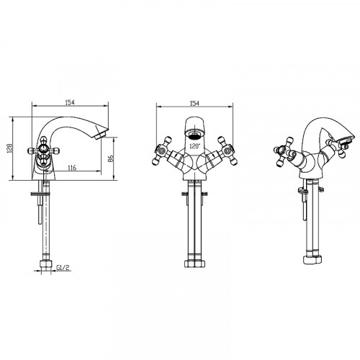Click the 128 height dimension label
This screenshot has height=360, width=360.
click(x=10, y=148)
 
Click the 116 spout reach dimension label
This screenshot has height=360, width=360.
click(x=72, y=167)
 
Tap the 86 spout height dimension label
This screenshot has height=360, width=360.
click(x=110, y=158)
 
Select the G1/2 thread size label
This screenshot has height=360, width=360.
click(x=63, y=267)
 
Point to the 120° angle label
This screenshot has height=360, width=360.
click(x=194, y=145)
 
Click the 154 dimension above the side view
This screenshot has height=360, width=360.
click(x=70, y=102)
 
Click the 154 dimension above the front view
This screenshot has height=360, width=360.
click(x=194, y=104)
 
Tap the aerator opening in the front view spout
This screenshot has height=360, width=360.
click(x=194, y=135)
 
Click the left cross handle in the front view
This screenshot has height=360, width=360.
click(x=161, y=150)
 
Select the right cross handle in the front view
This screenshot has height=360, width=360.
click(x=228, y=150)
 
